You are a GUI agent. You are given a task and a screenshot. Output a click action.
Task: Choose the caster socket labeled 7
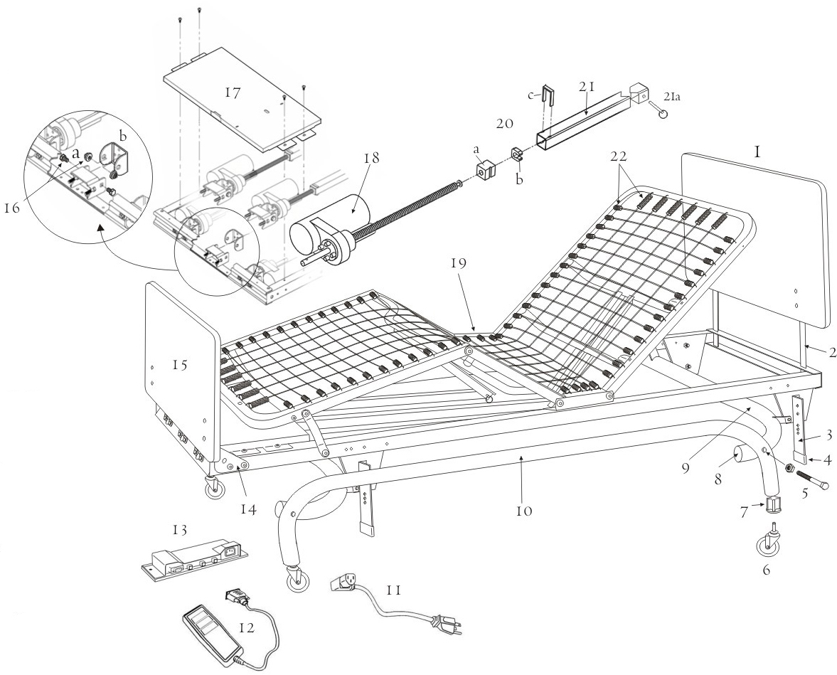[x=773, y=506]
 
